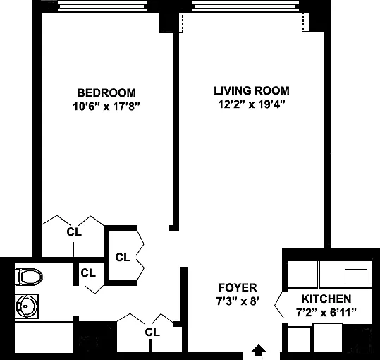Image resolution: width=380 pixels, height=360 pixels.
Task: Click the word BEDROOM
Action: click(106, 92)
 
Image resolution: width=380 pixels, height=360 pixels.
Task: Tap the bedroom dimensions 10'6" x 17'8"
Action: click(106, 107)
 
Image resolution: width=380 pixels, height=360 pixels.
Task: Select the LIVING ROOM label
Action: click(252, 90)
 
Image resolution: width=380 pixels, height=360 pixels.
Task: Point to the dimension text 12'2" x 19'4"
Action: click(252, 104)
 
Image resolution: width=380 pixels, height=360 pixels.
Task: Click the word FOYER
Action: click(238, 287)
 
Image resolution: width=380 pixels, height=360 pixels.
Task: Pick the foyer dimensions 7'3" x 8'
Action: click(238, 301)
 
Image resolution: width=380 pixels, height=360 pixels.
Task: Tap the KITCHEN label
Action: click(326, 299)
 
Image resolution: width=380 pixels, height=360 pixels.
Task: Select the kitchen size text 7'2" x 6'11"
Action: click(326, 313)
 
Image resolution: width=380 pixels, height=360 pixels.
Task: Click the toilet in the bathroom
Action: click(29, 277)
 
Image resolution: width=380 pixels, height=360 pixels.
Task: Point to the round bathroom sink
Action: click(27, 306)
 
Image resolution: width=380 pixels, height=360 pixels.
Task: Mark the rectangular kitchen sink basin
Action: click(356, 277)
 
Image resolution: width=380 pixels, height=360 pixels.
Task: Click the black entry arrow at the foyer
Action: click(259, 350)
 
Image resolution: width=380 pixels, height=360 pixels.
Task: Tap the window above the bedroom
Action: click(102, 6)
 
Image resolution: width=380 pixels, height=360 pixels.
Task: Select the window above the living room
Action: click(246, 6)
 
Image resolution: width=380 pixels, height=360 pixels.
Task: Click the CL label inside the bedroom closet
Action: click(74, 232)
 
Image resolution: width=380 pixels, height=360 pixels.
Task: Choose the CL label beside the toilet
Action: click(88, 273)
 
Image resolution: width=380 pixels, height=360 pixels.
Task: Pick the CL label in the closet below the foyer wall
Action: click(152, 332)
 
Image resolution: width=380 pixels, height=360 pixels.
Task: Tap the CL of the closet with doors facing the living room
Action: click(123, 258)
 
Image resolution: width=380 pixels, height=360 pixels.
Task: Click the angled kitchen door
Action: click(279, 304)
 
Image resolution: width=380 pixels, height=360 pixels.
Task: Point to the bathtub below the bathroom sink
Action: click(44, 337)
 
